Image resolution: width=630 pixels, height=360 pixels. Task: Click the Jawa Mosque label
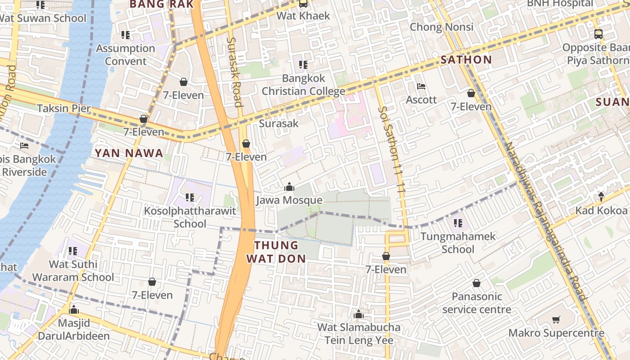pos(289,200)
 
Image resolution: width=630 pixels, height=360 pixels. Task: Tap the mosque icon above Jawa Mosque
pos(289,187)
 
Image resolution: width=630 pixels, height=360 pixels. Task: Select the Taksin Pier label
pos(64,108)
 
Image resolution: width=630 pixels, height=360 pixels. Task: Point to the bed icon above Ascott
pos(421,86)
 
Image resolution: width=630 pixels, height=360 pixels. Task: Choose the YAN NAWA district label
pos(129,153)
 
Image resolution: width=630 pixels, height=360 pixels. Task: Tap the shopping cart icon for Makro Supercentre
pos(556,320)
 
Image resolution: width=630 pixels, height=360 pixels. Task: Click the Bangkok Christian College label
pos(303,85)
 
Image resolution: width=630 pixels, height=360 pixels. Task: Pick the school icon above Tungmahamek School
pos(458,223)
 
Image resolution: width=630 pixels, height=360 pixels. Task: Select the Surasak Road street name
pos(234,72)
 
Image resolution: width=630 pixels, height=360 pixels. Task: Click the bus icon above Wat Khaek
pos(303,4)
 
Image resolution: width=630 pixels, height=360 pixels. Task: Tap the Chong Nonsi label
pos(441,27)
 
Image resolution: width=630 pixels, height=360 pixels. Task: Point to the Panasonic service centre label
pos(477,303)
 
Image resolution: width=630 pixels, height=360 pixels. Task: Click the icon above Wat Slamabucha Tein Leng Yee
pos(359,314)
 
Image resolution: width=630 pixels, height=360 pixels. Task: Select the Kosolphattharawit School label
pos(190,217)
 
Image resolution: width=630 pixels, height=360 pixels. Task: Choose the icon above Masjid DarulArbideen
pos(74,310)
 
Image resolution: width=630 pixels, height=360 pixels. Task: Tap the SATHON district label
pos(466,59)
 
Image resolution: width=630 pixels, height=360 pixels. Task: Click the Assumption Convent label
pos(126,54)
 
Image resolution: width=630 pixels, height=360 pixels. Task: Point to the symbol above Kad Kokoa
pos(601,197)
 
